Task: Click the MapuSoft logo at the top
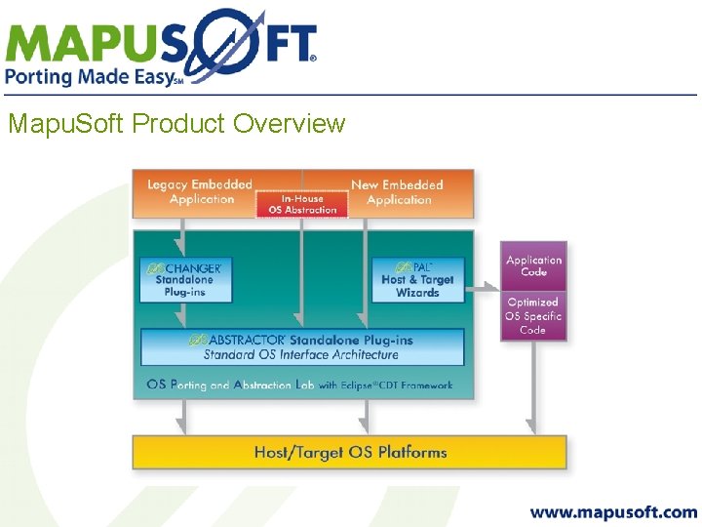point(161,40)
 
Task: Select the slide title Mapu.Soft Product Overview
point(175,124)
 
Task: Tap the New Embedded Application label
point(397,191)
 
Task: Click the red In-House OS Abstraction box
point(302,203)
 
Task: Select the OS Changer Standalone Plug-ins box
point(185,279)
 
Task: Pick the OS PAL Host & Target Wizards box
point(417,279)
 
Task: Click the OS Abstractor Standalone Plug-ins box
point(302,346)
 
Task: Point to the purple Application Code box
point(533,266)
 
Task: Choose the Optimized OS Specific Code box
point(533,316)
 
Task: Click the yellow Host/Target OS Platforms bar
point(349,453)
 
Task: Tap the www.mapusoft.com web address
point(613,511)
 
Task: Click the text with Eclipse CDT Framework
point(385,385)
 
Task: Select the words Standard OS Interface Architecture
point(301,354)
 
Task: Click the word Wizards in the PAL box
point(417,293)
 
